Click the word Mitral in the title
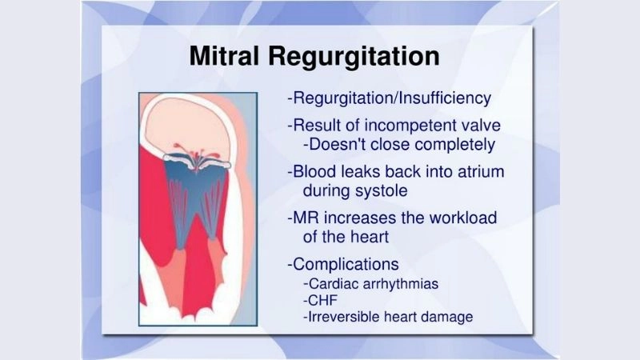228,57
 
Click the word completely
454,145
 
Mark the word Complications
346,263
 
